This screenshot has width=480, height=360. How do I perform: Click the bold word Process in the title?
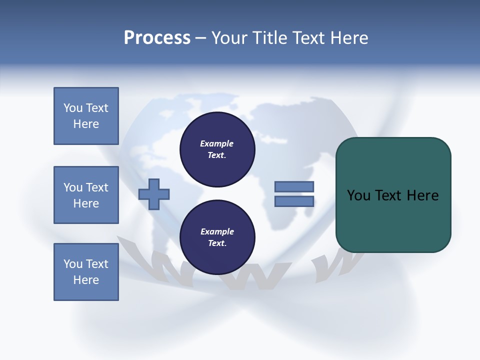click(157, 38)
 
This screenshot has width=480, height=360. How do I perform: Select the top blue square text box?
click(86, 116)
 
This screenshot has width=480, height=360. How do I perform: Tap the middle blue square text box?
click(86, 195)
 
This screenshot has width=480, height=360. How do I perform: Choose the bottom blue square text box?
click(86, 272)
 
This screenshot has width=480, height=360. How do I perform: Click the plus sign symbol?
click(154, 194)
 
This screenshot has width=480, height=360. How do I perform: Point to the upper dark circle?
click(217, 149)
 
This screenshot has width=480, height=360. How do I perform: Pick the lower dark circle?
click(217, 237)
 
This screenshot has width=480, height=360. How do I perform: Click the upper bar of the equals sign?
click(294, 187)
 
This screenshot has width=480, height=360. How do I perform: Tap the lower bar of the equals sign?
click(294, 201)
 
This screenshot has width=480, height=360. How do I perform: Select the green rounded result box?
click(393, 195)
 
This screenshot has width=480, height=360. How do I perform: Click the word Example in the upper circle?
click(216, 143)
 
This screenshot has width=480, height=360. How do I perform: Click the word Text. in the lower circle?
click(217, 243)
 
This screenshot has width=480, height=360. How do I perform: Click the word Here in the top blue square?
click(86, 124)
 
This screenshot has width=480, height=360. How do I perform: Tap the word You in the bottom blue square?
click(73, 264)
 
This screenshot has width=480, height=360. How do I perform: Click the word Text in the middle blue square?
click(97, 187)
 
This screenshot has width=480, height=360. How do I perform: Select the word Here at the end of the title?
click(348, 38)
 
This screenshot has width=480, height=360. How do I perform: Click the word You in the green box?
click(359, 195)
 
